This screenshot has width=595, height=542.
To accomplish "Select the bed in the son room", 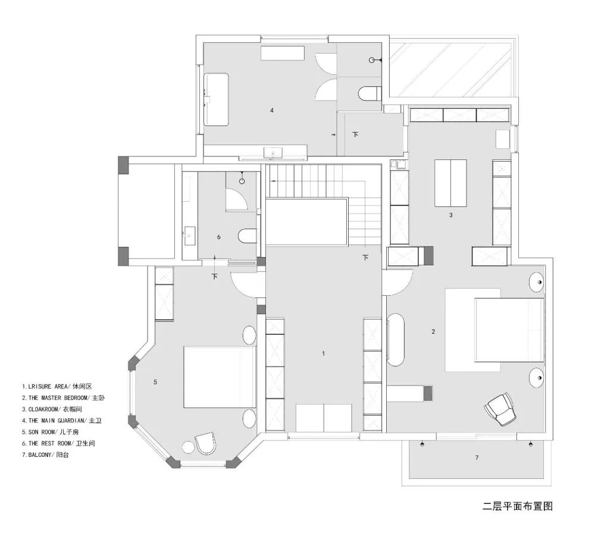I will pyautogui.click(x=218, y=377).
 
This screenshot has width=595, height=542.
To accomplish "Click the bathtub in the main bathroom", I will pyautogui.click(x=217, y=99).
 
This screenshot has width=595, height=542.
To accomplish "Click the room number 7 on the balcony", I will pyautogui.click(x=477, y=458).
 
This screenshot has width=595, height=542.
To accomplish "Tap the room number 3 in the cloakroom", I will pyautogui.click(x=451, y=215).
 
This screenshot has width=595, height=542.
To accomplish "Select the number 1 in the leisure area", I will pyautogui.click(x=323, y=353).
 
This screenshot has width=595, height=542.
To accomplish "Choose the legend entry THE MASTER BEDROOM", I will pyautogui.click(x=65, y=397).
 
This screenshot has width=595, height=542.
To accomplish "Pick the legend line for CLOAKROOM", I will pyautogui.click(x=54, y=409).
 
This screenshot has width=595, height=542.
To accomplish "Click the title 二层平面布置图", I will pyautogui.click(x=518, y=507).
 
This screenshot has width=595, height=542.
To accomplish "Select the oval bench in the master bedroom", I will pyautogui.click(x=396, y=341).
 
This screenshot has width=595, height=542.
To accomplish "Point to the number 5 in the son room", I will pyautogui.click(x=155, y=382).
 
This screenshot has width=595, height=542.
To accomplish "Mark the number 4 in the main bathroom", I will pyautogui.click(x=271, y=110).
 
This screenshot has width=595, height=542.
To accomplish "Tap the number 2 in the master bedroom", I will pyautogui.click(x=433, y=331).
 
